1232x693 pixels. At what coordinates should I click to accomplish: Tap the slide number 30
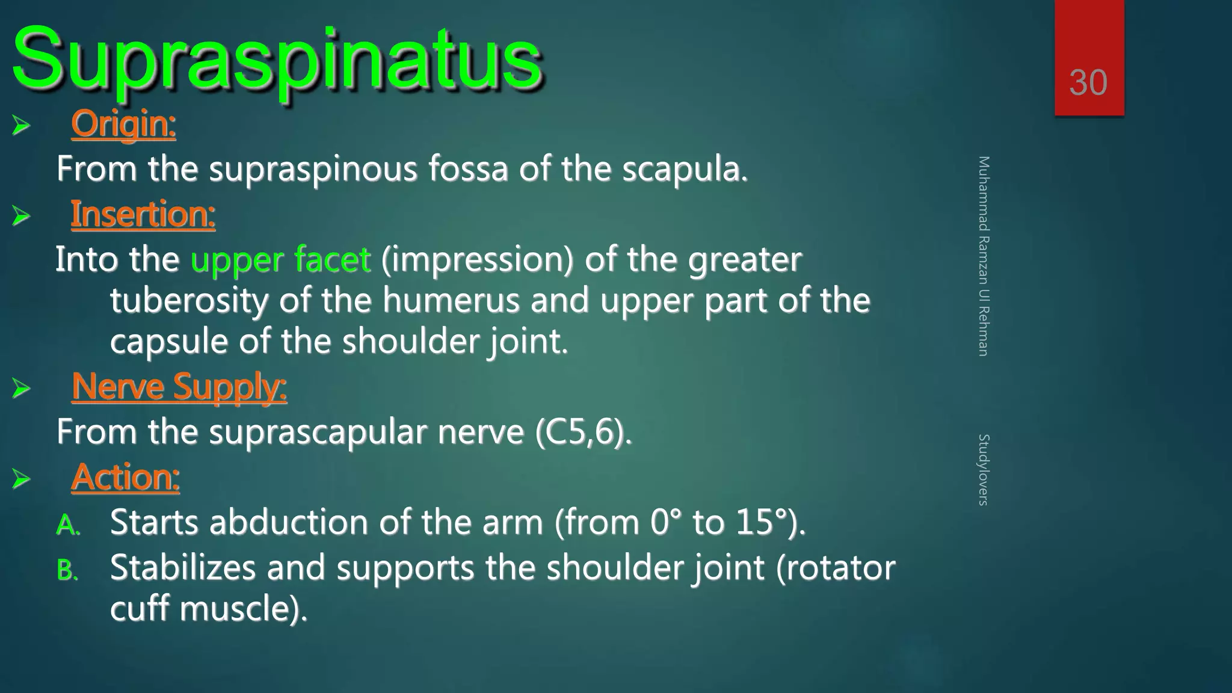(x=1088, y=82)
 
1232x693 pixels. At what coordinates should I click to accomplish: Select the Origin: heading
(x=123, y=124)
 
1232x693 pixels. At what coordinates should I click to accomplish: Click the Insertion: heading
(x=143, y=214)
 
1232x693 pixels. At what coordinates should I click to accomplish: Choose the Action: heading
(x=125, y=477)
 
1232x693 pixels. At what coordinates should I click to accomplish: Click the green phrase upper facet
(x=280, y=260)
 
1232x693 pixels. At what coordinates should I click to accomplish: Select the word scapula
(x=685, y=169)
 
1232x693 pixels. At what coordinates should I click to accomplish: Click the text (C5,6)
(x=584, y=432)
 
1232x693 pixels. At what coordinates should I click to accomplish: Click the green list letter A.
(x=68, y=525)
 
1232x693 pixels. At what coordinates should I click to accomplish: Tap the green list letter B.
(x=67, y=570)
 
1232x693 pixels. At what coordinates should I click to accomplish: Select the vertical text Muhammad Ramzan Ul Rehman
(x=984, y=256)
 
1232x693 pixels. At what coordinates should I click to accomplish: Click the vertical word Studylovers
(x=984, y=469)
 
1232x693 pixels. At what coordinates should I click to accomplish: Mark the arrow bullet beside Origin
(x=21, y=126)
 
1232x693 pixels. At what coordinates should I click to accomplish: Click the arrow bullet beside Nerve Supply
(x=21, y=388)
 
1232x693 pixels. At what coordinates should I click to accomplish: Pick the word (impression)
(x=477, y=260)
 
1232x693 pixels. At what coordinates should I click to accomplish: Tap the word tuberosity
(x=189, y=300)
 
